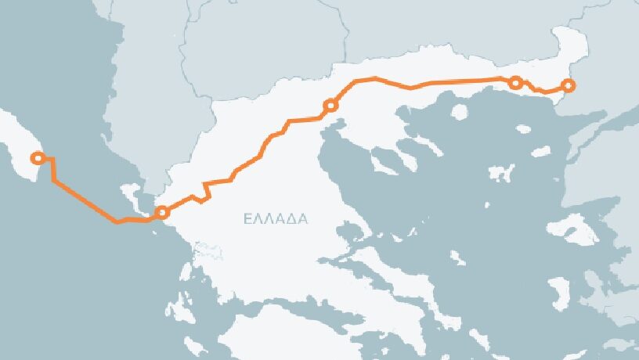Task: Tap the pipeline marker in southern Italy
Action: tap(35, 158)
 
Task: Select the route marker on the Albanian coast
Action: tap(162, 212)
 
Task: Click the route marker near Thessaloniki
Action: tap(330, 105)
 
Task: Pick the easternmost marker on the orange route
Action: tap(569, 85)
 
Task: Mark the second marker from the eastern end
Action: tap(515, 82)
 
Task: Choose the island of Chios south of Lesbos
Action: tap(559, 293)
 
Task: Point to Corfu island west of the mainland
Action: tap(131, 195)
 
